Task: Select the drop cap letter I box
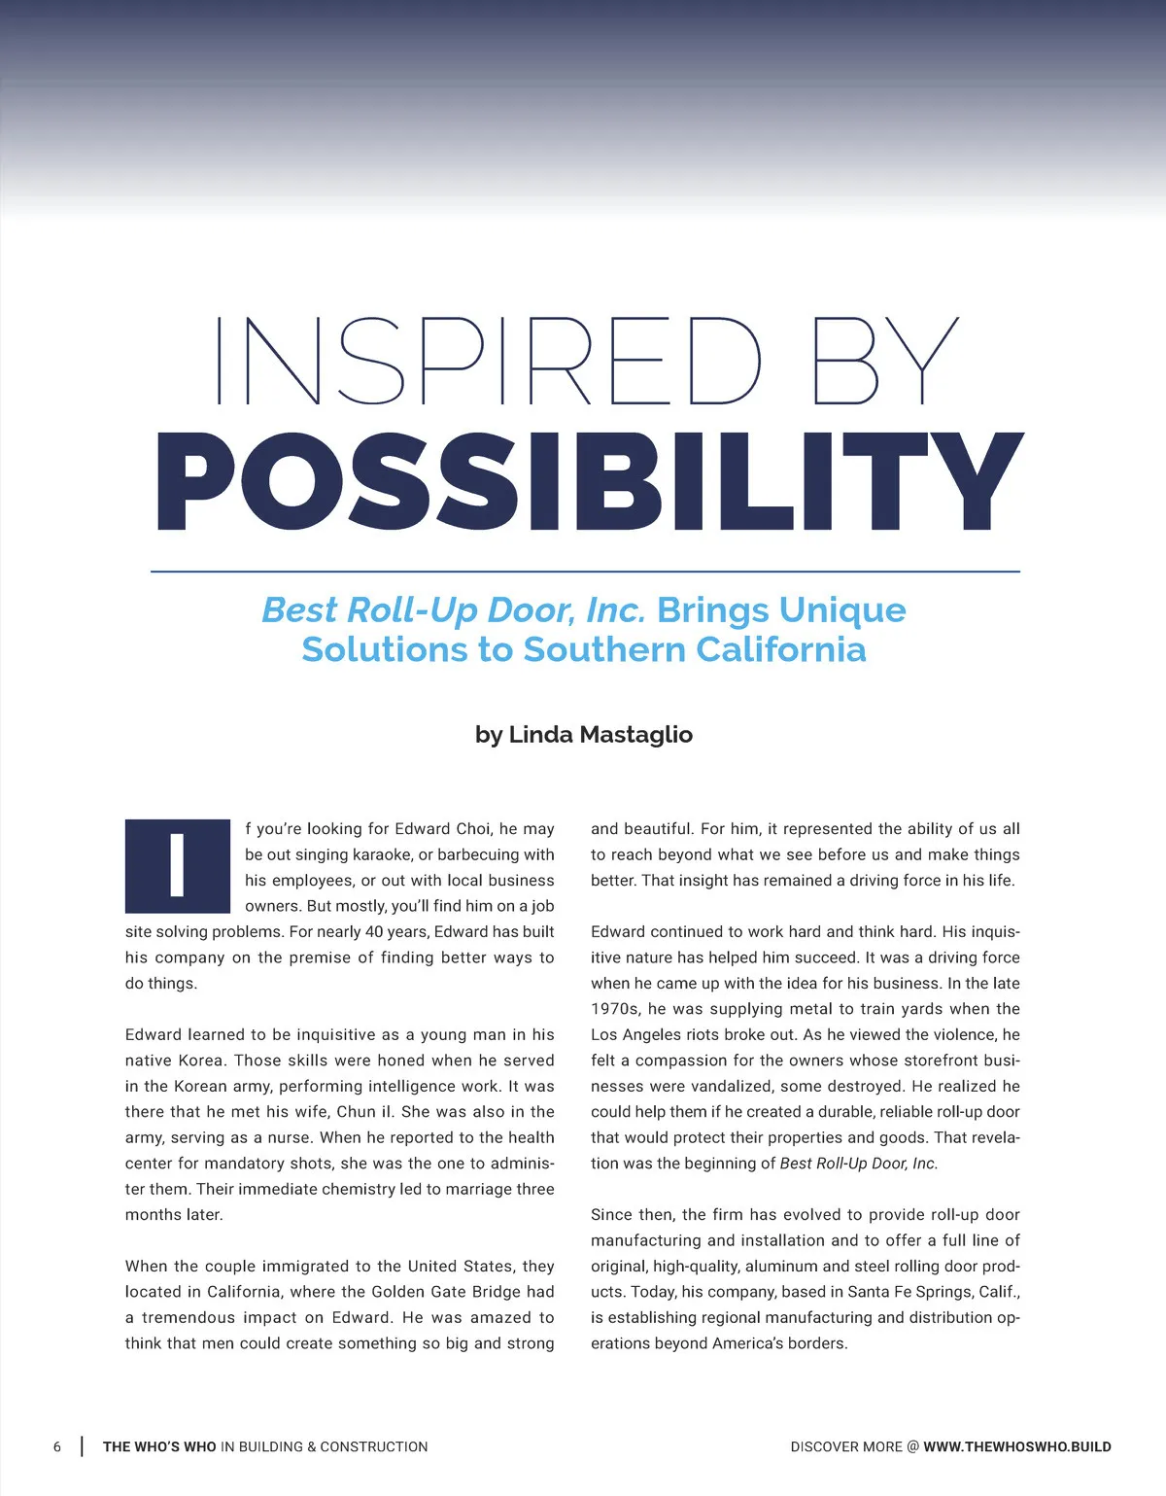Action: (x=177, y=865)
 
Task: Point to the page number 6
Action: (x=57, y=1446)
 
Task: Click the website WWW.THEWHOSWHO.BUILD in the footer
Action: (x=1017, y=1446)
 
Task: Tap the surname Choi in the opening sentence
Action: (x=473, y=829)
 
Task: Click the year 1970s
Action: (x=614, y=1009)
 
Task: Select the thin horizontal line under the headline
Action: (x=585, y=572)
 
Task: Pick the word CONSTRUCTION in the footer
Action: (x=374, y=1446)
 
